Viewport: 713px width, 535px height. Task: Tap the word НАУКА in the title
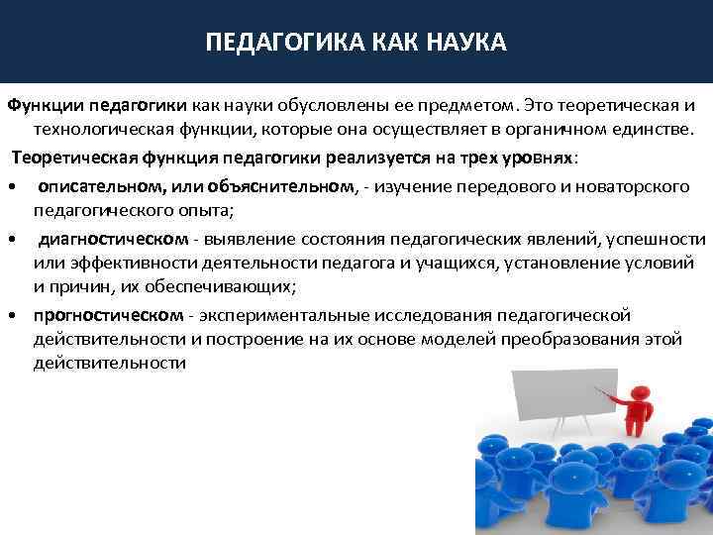click(x=463, y=43)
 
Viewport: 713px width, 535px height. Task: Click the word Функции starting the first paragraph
click(x=47, y=105)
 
